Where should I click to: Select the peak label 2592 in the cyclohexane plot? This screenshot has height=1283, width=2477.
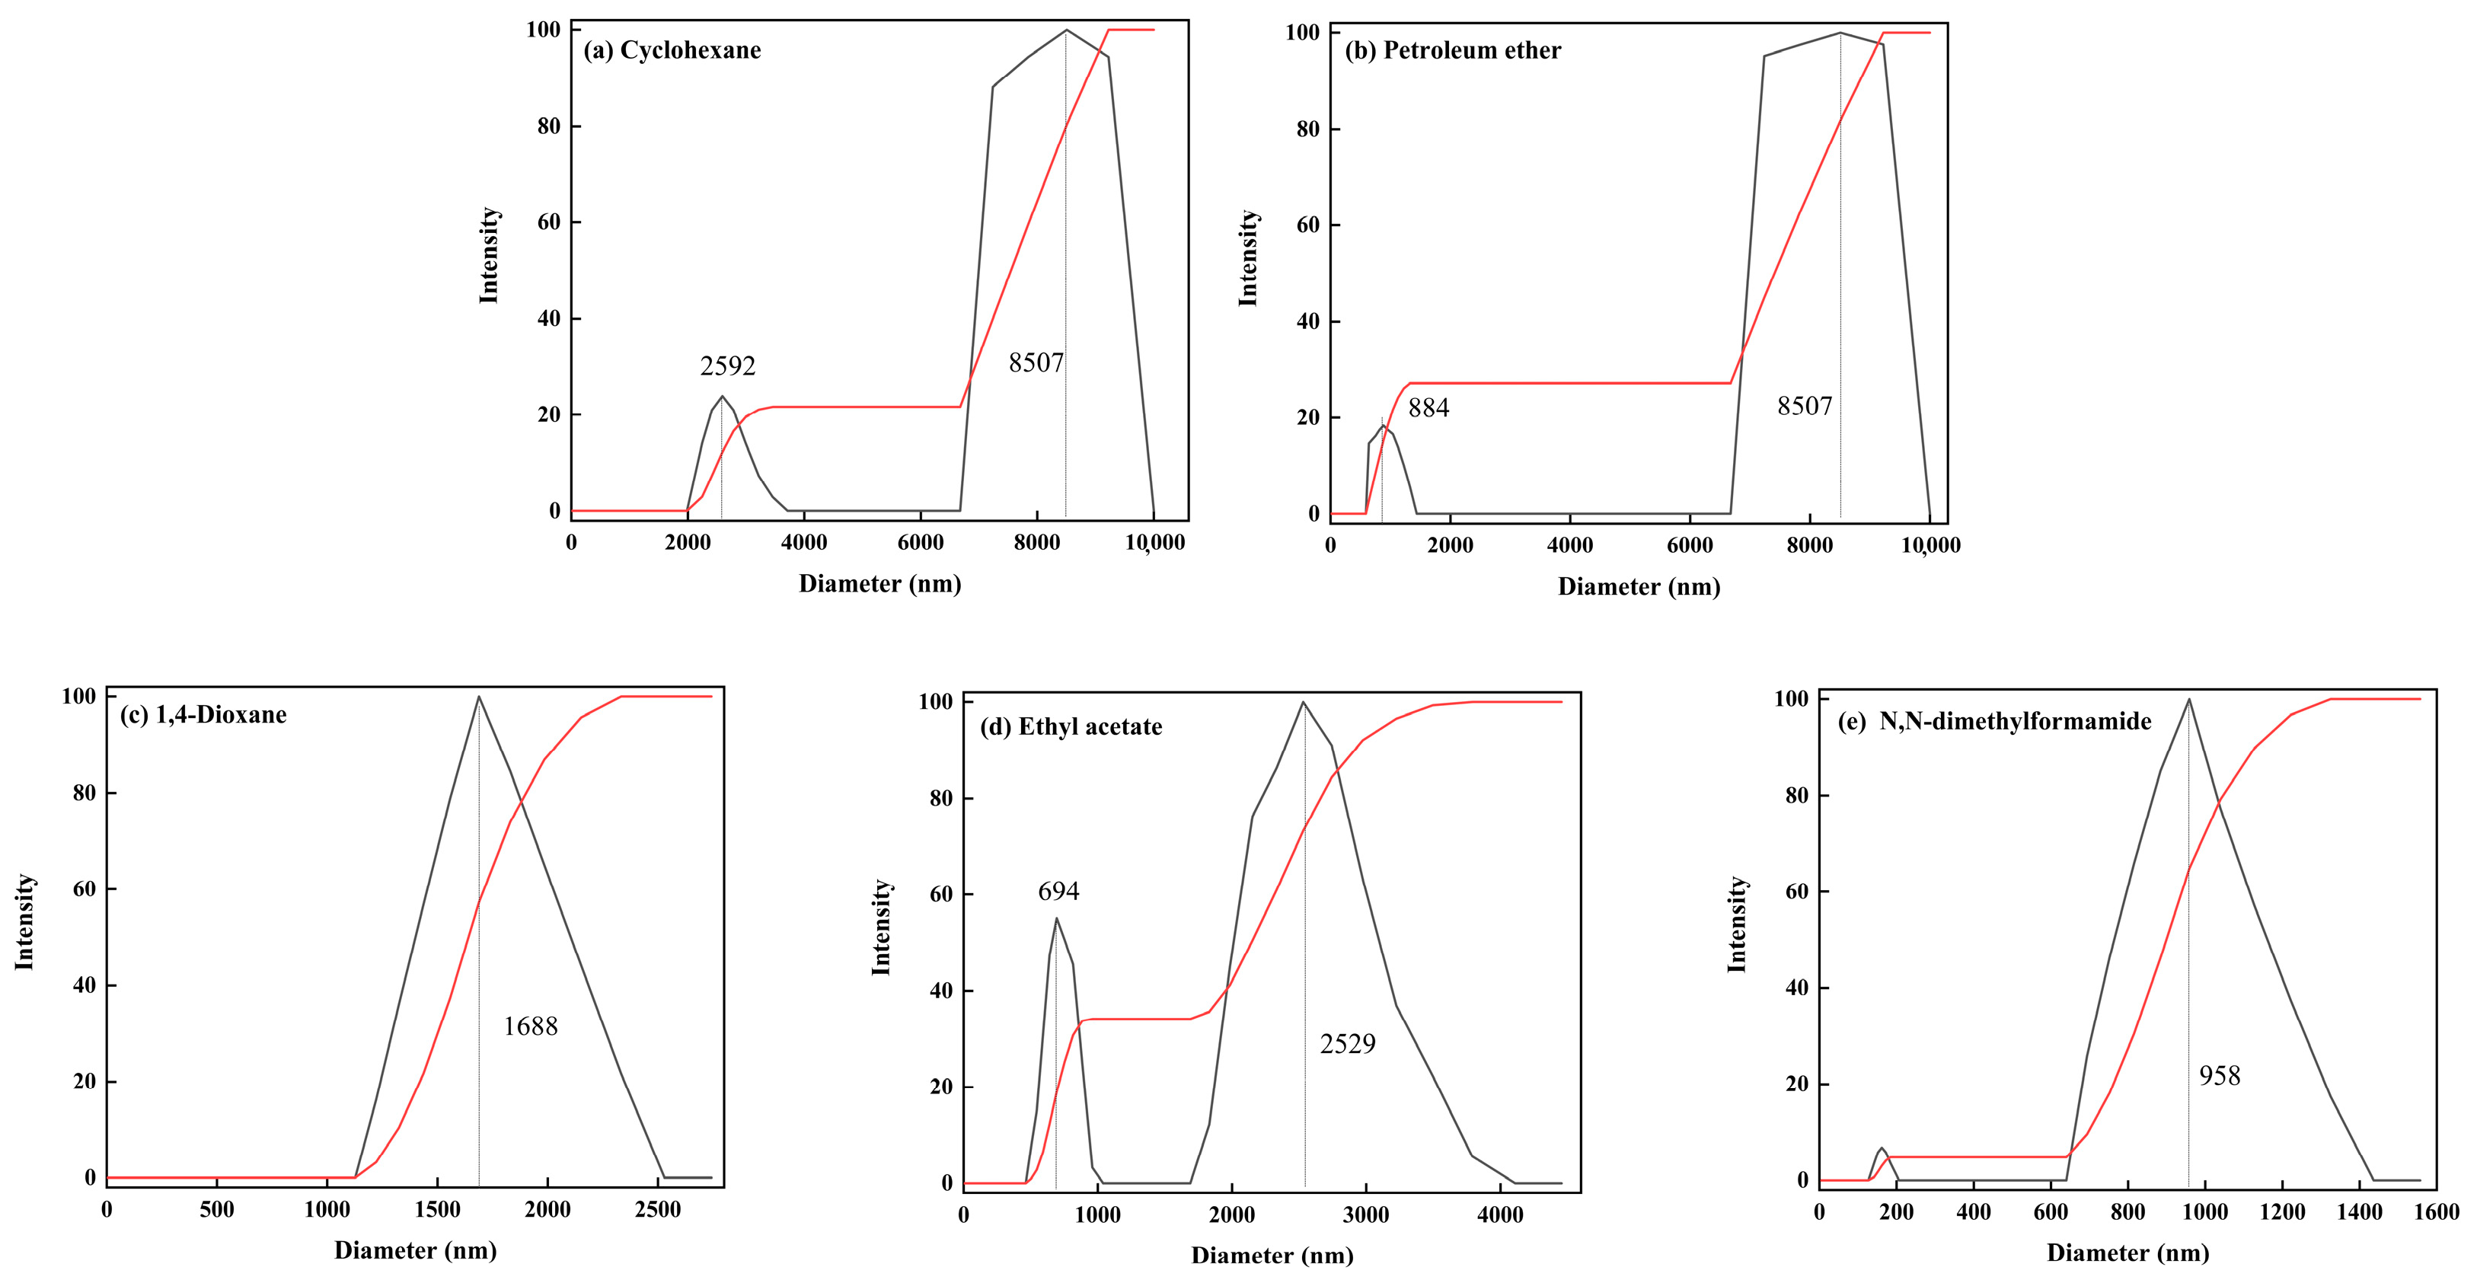pos(727,365)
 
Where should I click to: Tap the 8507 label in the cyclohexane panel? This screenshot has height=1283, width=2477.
pos(1036,362)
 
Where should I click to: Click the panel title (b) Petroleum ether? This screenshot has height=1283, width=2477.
pos(1452,50)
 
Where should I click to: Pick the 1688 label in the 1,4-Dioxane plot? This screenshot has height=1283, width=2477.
pos(530,1026)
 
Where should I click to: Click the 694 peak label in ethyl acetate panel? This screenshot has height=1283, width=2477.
pos(1058,892)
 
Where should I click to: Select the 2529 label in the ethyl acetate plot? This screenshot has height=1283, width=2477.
pos(1347,1043)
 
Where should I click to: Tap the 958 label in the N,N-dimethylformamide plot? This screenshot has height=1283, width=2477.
pos(2220,1075)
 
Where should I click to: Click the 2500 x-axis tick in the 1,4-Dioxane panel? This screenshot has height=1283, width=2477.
pos(658,1209)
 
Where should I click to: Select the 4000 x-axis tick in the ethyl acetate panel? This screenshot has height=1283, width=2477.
pos(1500,1214)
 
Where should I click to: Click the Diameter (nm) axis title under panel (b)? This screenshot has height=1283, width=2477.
pos(1639,587)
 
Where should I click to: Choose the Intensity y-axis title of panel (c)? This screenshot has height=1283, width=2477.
pos(25,921)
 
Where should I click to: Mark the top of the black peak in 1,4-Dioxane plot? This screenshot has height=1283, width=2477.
pos(479,696)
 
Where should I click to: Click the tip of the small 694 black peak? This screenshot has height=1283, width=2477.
pos(1057,918)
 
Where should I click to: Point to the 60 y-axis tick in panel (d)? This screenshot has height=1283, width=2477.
pos(940,895)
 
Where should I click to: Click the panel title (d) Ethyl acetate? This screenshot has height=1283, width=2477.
pos(1071,727)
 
